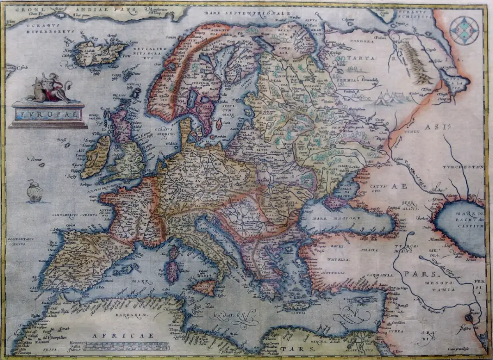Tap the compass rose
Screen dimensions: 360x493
coord(464,30)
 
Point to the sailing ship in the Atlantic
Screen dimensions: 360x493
coord(35,192)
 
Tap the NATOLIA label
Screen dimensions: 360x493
coord(339,259)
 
